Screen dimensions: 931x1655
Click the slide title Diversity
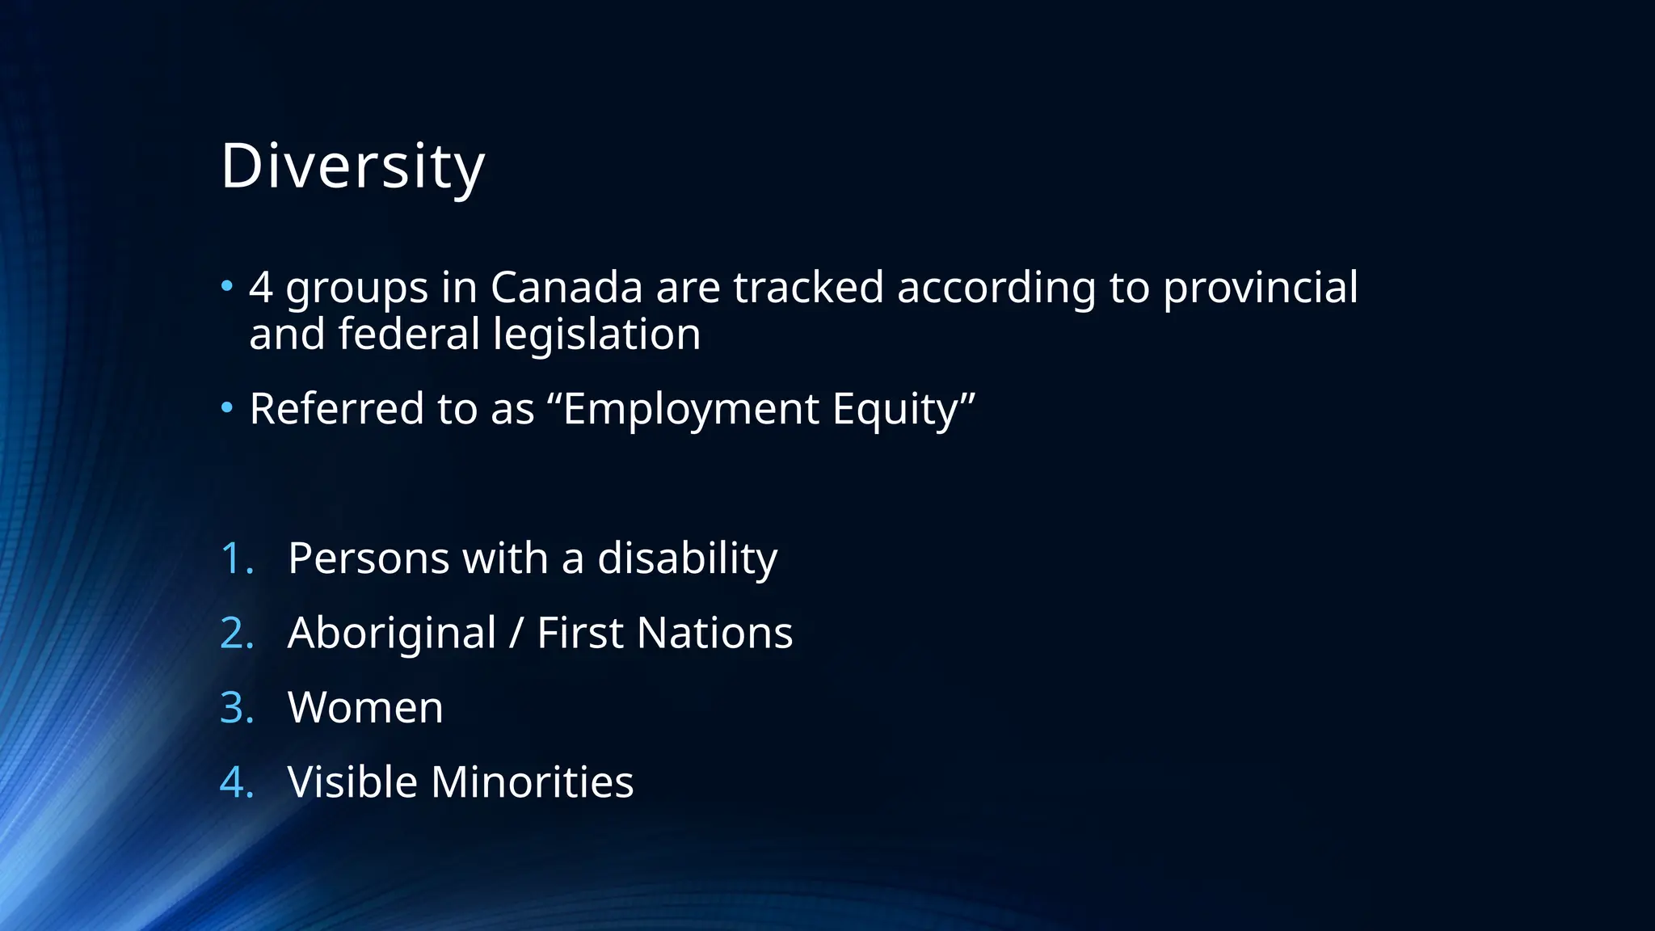point(352,166)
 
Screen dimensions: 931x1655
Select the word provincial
point(1260,288)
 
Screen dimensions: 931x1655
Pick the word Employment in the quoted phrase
point(691,409)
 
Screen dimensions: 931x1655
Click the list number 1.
point(236,558)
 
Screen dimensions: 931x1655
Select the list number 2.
point(236,633)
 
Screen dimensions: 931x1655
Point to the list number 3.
point(236,708)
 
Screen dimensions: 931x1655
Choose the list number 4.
point(236,782)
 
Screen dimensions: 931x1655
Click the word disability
point(687,558)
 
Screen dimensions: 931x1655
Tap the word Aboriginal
point(392,633)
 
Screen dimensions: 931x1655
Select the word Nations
point(714,633)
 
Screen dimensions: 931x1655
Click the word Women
point(365,708)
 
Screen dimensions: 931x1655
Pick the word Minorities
point(532,782)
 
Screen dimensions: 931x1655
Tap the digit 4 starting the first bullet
point(260,288)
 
